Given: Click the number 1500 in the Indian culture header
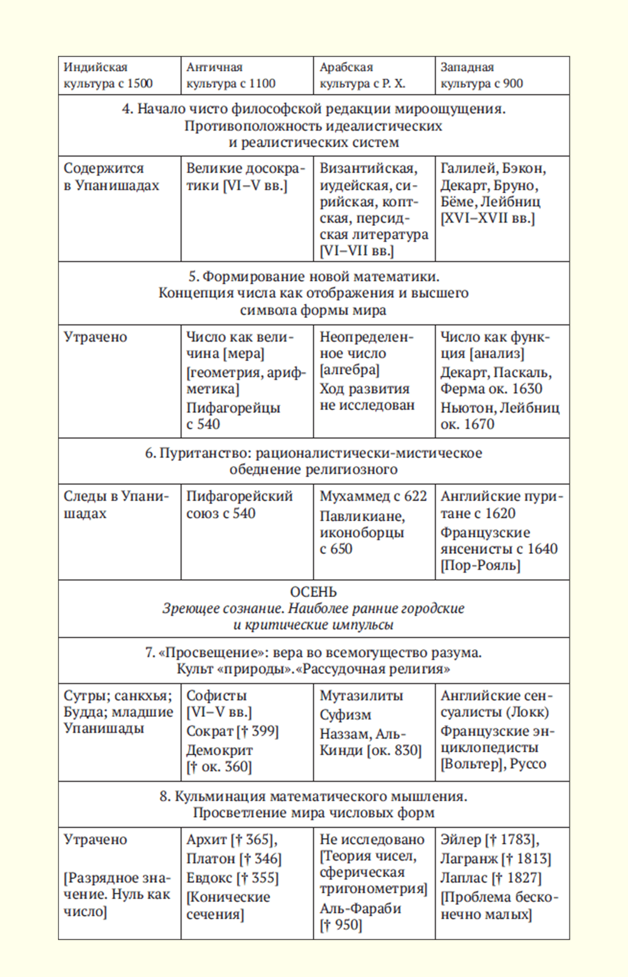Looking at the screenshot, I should [x=140, y=83].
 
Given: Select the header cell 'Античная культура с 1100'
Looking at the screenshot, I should [x=231, y=75].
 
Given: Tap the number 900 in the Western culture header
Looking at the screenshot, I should [x=513, y=83].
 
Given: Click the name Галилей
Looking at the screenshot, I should [x=468, y=168].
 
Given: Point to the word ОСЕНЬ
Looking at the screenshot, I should [x=313, y=592].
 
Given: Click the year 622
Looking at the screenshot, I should [x=415, y=496].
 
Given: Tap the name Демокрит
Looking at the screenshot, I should [x=219, y=750].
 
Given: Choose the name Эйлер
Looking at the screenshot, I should [x=460, y=839].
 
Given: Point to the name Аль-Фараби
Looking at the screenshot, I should [x=360, y=908].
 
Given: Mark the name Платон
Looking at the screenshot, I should [x=211, y=858].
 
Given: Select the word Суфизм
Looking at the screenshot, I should [x=345, y=715].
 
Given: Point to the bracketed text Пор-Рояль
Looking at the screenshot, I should [x=480, y=566].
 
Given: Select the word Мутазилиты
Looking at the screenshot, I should [x=361, y=696].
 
